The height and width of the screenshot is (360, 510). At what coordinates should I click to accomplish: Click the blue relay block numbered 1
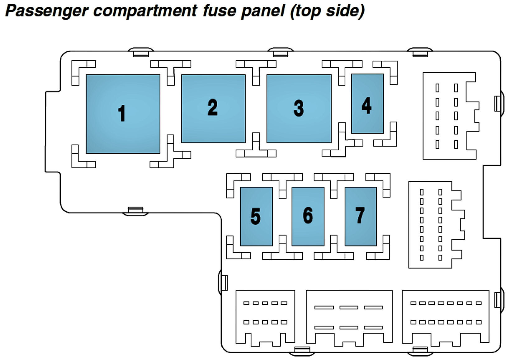click(123, 114)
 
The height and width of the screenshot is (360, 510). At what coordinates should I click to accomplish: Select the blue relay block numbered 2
click(213, 109)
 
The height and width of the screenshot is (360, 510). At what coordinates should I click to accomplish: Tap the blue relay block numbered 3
click(299, 109)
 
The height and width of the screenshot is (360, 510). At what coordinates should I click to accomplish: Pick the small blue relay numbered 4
click(367, 104)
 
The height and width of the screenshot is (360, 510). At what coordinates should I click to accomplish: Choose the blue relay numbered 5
click(256, 217)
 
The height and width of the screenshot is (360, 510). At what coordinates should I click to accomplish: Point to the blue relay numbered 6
click(308, 217)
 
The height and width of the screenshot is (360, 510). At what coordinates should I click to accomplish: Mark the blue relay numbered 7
click(361, 217)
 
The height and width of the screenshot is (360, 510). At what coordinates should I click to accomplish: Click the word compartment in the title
click(145, 11)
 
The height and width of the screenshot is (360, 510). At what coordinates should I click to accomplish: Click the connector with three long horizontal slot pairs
click(349, 317)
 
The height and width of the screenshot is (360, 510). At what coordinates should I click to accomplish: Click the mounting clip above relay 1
click(141, 52)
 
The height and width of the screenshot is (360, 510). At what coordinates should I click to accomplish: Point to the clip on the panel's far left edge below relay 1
click(135, 211)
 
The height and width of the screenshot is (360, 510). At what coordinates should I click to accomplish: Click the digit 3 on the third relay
click(299, 109)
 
